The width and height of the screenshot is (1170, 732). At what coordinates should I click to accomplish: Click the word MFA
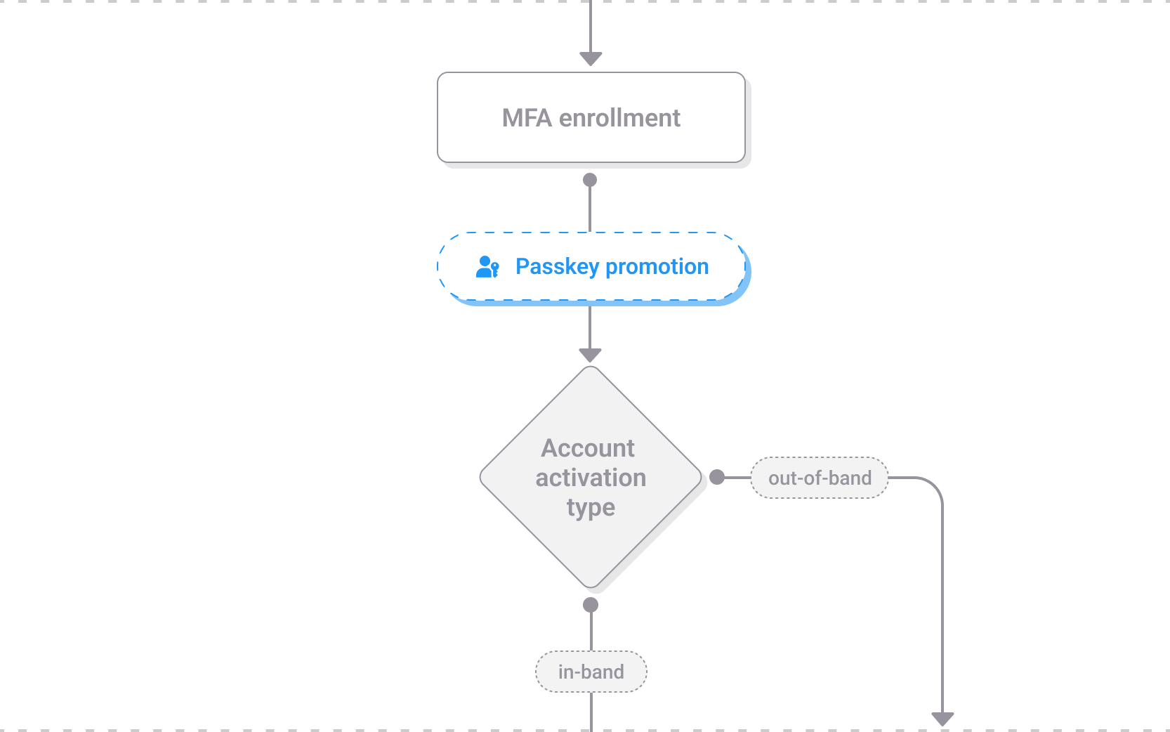527,118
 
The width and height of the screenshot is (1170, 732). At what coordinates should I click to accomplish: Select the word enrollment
619,118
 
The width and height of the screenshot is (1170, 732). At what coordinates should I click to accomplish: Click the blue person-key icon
487,267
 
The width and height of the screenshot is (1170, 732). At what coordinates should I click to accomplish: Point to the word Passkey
557,267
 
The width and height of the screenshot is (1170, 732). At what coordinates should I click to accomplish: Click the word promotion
657,267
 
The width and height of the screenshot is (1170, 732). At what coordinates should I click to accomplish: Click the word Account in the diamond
588,448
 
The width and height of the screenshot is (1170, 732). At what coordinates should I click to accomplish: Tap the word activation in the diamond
591,478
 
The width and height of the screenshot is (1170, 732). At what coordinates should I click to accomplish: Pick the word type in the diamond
591,507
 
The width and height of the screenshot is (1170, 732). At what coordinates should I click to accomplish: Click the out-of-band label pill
820,478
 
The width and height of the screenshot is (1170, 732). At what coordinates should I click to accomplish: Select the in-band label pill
591,672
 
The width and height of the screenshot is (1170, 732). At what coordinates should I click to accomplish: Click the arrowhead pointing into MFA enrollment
591,58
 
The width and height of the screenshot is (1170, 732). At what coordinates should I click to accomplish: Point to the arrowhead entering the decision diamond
590,355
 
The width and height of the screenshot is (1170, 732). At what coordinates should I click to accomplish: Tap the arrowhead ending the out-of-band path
942,719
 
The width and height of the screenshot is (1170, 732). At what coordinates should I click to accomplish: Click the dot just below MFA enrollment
590,180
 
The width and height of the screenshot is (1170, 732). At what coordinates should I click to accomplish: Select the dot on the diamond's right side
717,478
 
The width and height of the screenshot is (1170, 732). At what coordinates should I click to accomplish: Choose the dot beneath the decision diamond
591,605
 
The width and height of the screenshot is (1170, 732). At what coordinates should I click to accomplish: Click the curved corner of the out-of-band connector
934,486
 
